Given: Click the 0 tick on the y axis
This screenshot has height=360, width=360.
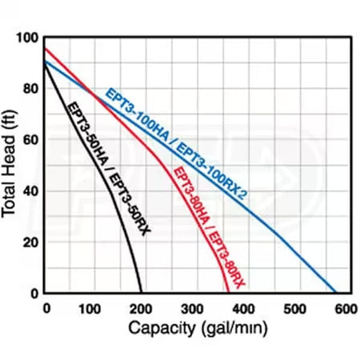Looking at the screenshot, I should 34,293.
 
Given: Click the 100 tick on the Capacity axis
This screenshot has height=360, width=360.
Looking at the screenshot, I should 94,309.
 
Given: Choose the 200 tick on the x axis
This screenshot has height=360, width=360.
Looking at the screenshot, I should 142,309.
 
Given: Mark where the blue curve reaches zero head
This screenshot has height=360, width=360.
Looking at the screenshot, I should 336,293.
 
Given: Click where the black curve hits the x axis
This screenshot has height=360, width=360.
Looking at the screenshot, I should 142,293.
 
